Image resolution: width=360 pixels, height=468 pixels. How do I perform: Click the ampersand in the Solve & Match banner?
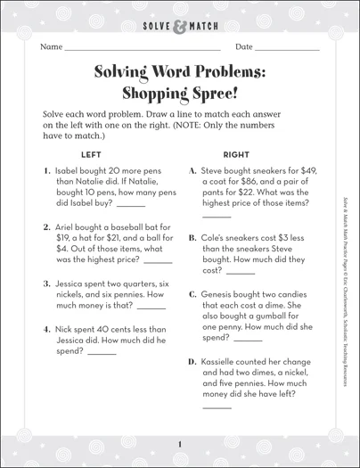(x=181, y=18)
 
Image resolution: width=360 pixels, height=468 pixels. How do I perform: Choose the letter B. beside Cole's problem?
(x=192, y=238)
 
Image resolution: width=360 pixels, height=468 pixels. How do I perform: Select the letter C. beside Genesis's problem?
(x=192, y=293)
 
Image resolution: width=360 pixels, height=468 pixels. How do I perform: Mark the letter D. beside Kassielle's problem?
(x=192, y=362)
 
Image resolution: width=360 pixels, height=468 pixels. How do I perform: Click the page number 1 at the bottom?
(x=179, y=445)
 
